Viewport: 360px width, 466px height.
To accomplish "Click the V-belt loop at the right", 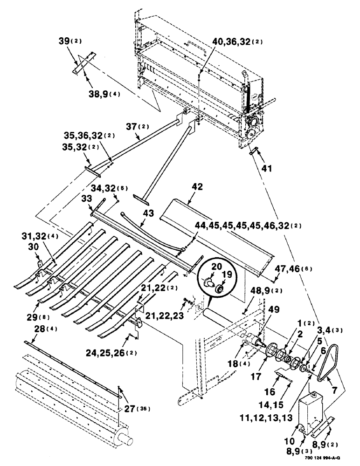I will (329, 359).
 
